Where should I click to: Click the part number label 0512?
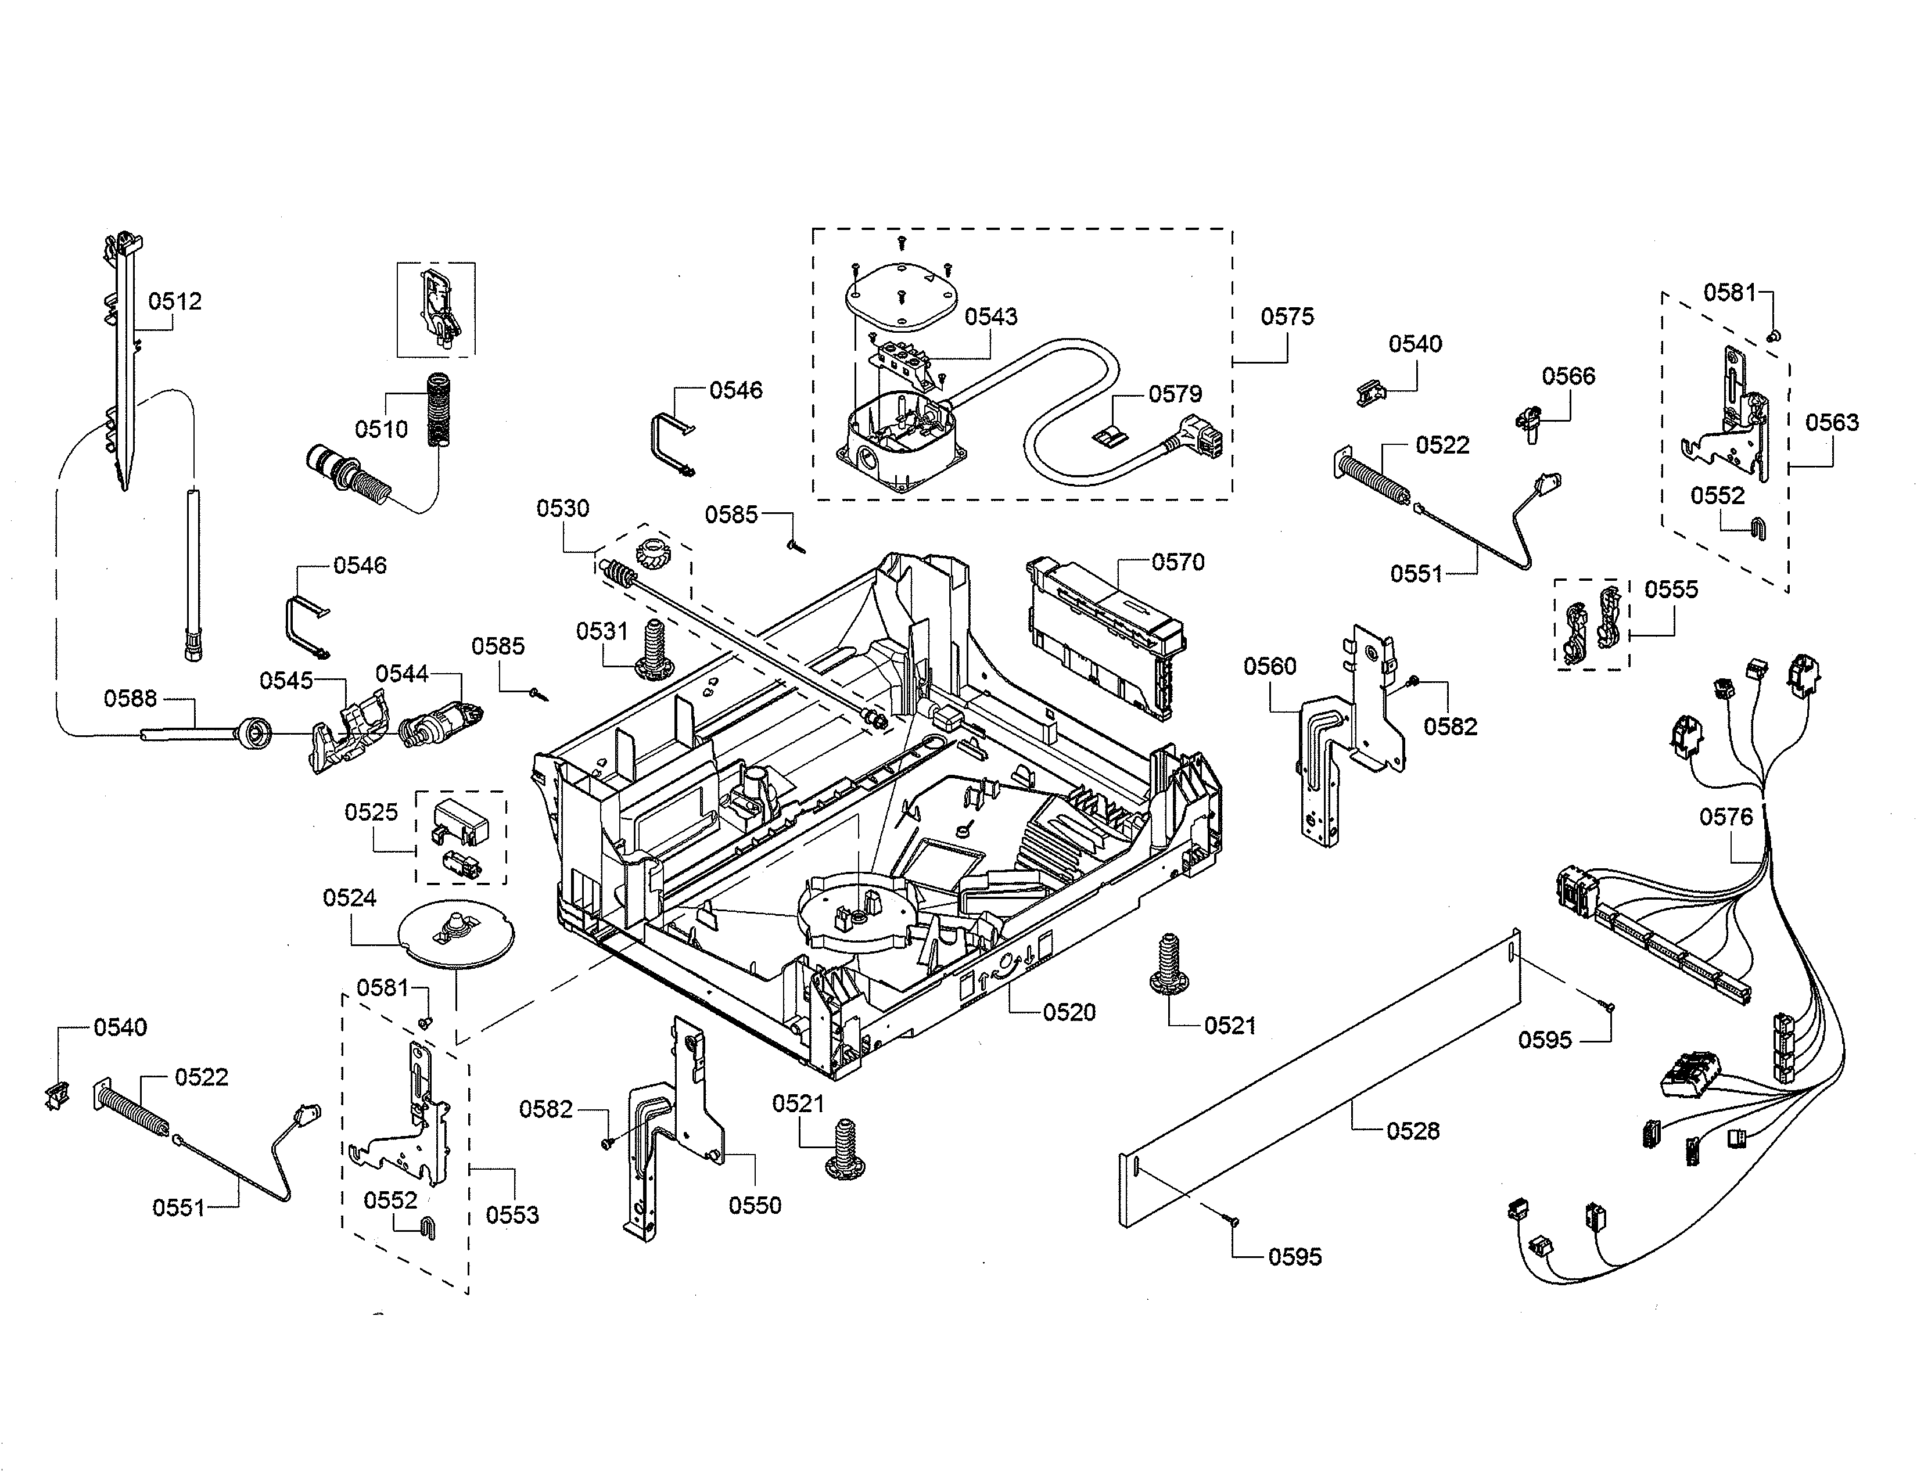pyautogui.click(x=175, y=302)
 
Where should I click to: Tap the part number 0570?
pyautogui.click(x=1178, y=562)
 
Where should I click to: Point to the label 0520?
pyautogui.click(x=1069, y=1012)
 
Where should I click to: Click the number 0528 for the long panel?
pyautogui.click(x=1412, y=1131)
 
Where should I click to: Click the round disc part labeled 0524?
pyautogui.click(x=455, y=936)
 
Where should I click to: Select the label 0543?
pyautogui.click(x=991, y=317)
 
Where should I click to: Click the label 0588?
pyautogui.click(x=130, y=698)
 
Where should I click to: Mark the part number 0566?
pyautogui.click(x=1568, y=376)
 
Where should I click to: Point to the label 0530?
pyautogui.click(x=563, y=508)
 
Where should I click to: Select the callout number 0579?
pyautogui.click(x=1175, y=394)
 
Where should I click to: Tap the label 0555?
pyautogui.click(x=1671, y=589)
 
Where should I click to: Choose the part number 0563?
pyautogui.click(x=1832, y=423)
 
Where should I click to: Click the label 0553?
pyautogui.click(x=512, y=1215)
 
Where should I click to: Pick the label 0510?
pyautogui.click(x=381, y=429)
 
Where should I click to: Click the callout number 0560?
pyautogui.click(x=1269, y=667)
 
